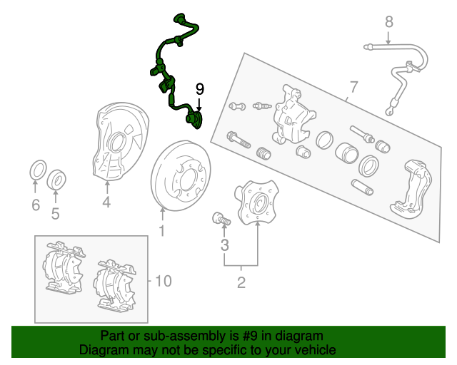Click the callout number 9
tap(200, 88)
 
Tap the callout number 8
tap(388, 22)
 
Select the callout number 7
tap(352, 88)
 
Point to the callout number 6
tap(36, 206)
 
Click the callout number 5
tap(55, 213)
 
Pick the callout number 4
tap(106, 203)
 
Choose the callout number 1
tap(161, 230)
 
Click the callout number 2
tap(241, 283)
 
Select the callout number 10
tap(163, 281)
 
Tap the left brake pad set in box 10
tap(64, 268)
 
